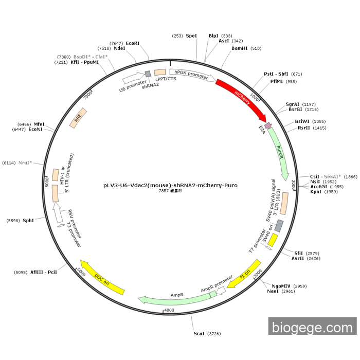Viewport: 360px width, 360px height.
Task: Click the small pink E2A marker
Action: (x=267, y=125)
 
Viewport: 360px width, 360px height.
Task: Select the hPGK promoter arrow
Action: (x=192, y=75)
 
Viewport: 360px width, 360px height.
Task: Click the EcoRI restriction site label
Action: (x=133, y=43)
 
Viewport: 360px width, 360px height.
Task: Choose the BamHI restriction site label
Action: (x=239, y=48)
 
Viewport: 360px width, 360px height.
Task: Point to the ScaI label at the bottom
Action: (x=199, y=334)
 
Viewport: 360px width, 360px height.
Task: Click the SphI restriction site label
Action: (x=28, y=221)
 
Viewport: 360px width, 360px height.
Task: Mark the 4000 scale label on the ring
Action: (x=169, y=310)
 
